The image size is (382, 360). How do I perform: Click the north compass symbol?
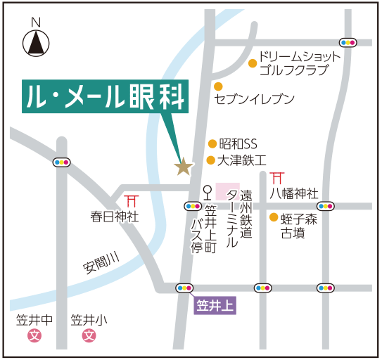37,44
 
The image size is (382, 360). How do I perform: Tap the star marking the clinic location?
184,167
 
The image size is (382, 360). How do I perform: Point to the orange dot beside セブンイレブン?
218,86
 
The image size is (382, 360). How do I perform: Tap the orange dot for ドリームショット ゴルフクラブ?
253,63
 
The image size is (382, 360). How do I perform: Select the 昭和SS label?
238,144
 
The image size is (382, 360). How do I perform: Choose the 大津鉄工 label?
241,160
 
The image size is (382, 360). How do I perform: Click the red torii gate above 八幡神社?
278,177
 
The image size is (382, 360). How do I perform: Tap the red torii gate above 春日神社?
131,200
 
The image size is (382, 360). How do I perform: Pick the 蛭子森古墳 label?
298,226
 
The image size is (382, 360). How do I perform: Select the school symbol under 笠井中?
34,336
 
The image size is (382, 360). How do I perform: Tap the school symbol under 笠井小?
89,336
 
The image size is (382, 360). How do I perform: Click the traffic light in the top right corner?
348,41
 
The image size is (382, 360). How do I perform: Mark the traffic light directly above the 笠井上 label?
185,288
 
